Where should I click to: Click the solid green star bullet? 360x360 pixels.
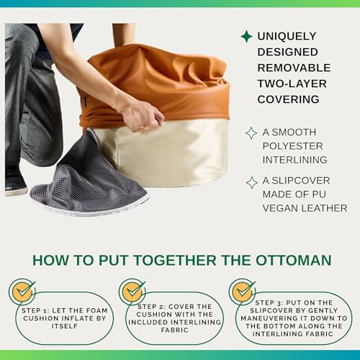(x=246, y=36)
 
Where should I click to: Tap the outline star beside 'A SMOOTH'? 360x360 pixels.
(x=251, y=133)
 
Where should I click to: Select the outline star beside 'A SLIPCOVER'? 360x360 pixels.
(x=252, y=183)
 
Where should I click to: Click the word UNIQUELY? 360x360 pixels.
(x=287, y=36)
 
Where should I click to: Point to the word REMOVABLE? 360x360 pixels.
(x=294, y=68)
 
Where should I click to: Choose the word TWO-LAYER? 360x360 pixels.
(x=292, y=84)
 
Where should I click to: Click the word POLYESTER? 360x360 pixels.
(x=292, y=146)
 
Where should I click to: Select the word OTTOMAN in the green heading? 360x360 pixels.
(x=294, y=260)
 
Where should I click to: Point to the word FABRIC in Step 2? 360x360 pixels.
(x=174, y=330)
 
